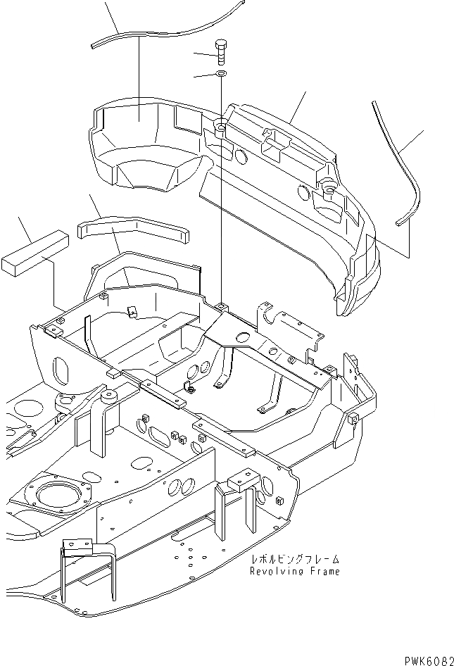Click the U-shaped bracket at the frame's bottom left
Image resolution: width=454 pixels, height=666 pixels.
pyautogui.click(x=82, y=556)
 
